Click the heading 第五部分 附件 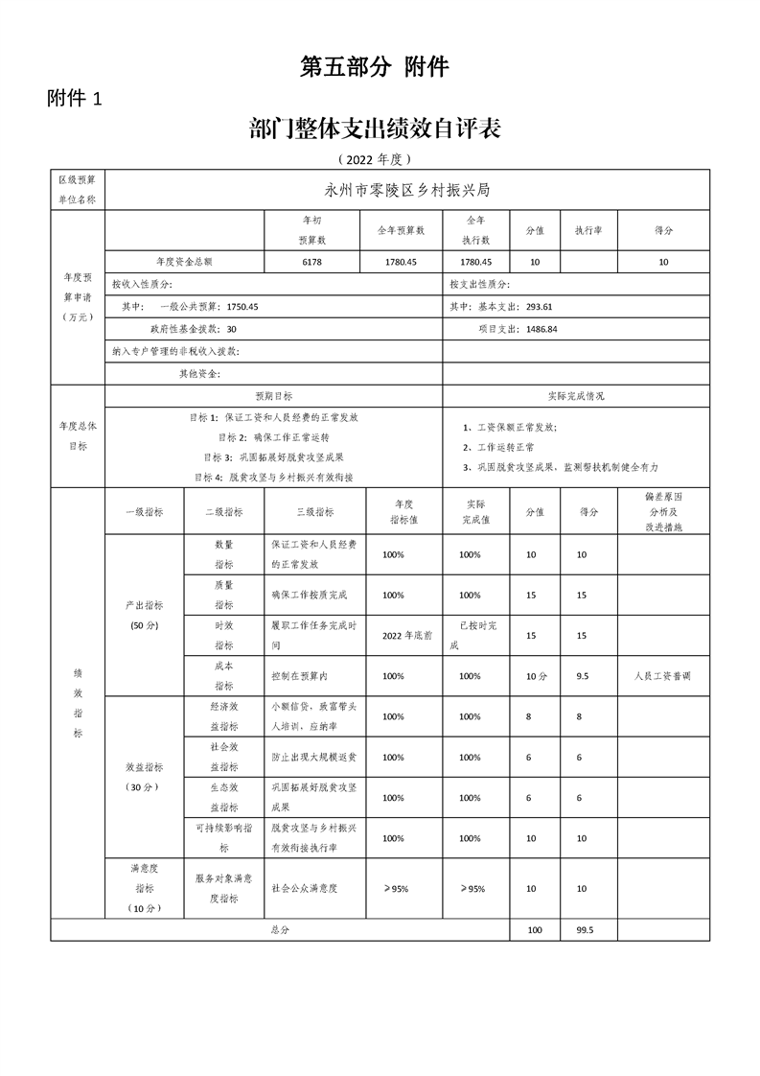375,67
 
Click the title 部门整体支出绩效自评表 374,129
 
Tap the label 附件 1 81,99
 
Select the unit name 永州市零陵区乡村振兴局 408,190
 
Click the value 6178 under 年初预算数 312,262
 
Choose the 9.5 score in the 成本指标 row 582,675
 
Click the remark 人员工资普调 662,675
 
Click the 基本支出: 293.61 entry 508,307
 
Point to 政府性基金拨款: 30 192,329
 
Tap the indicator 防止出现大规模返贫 313,758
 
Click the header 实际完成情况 576,395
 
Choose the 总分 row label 280,930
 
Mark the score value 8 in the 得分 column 581,716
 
